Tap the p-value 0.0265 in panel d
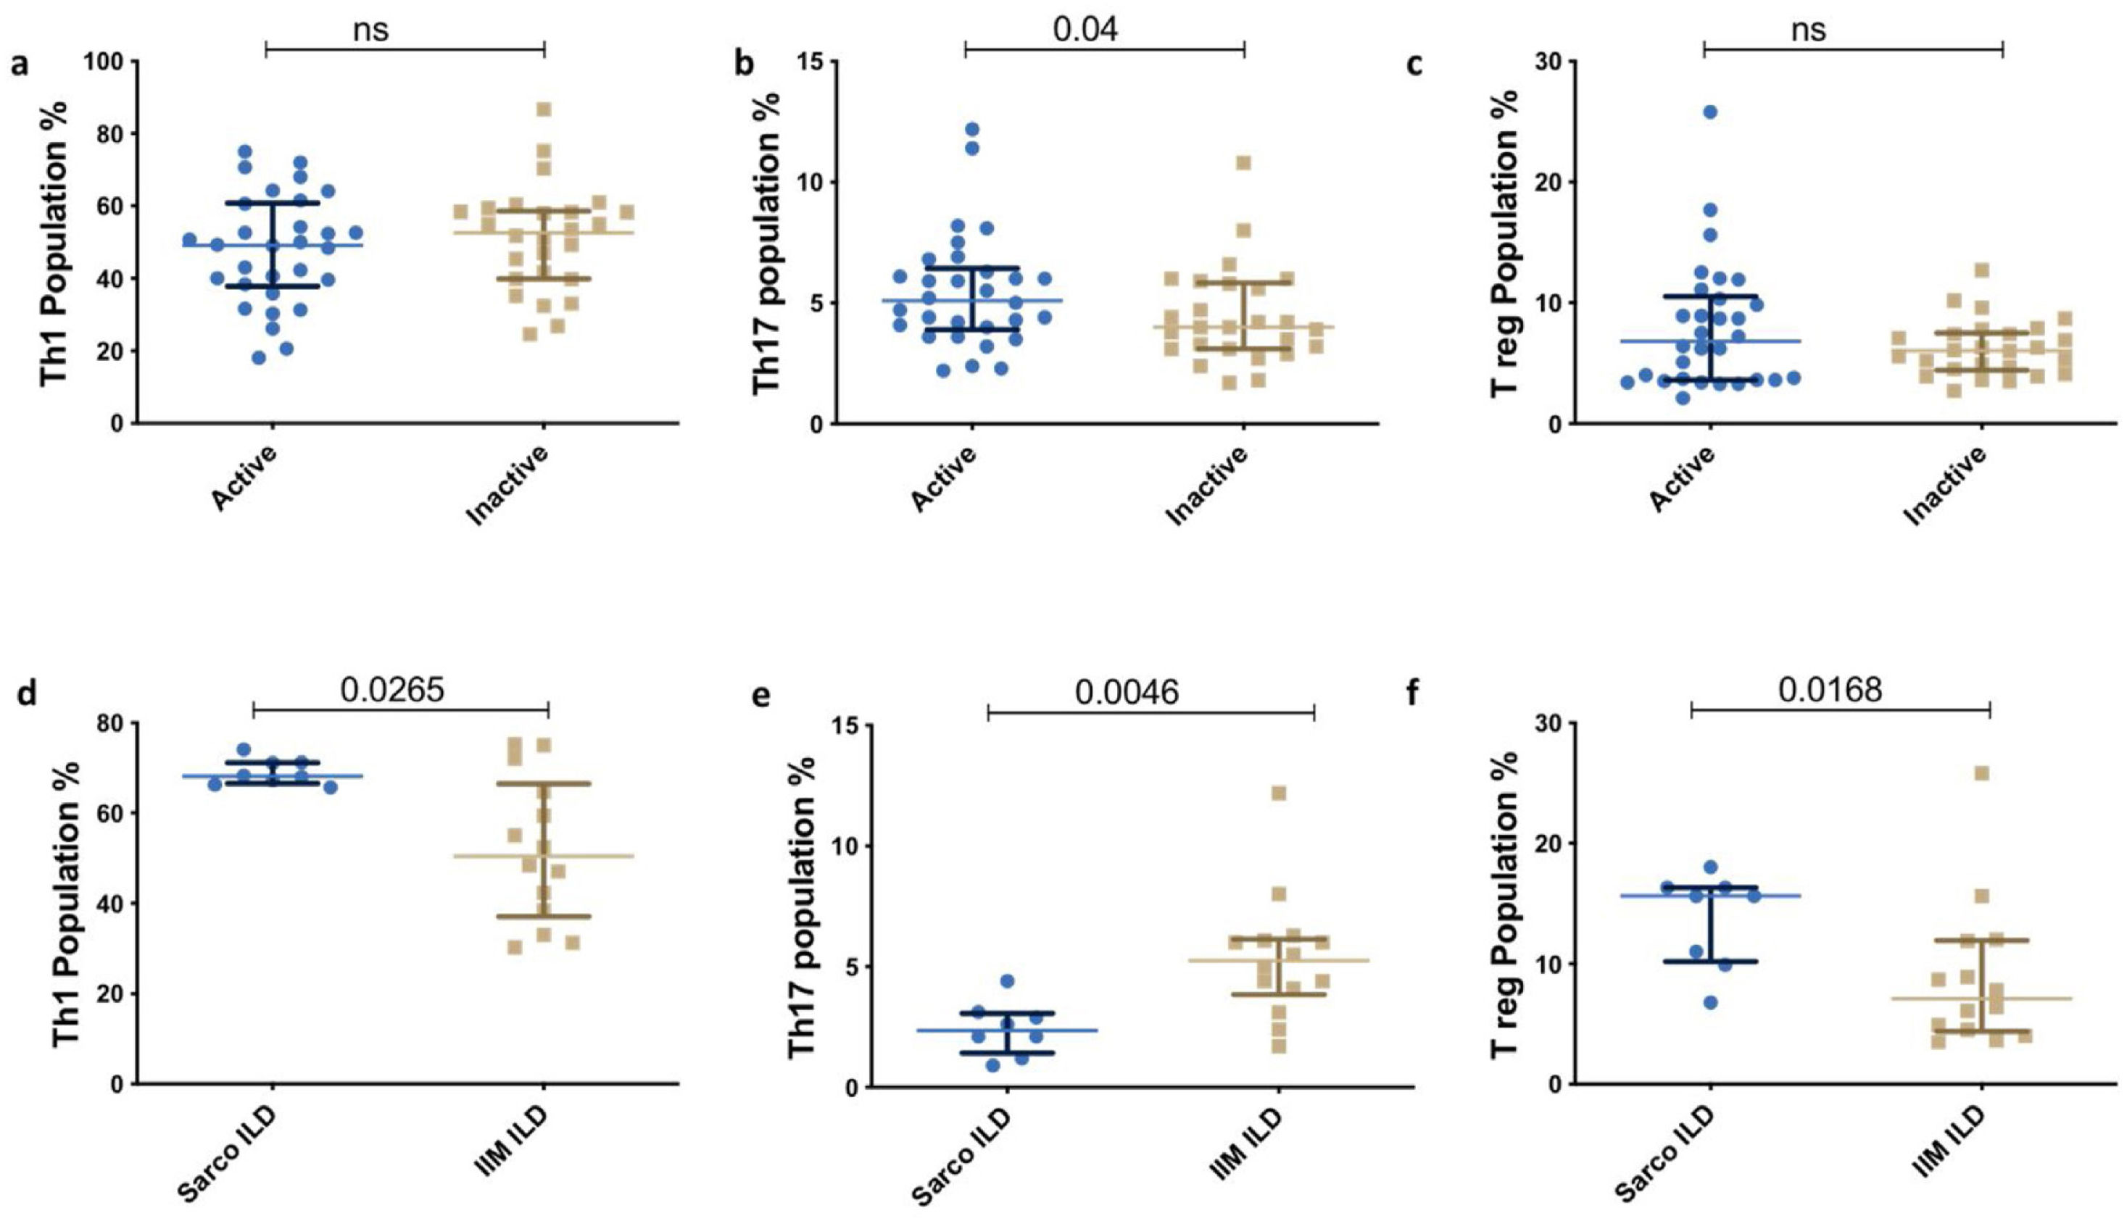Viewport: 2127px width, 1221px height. point(391,689)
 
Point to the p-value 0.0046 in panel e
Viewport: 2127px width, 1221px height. point(1127,692)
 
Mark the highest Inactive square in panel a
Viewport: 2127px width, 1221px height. point(544,109)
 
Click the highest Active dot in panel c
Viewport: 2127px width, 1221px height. point(1710,112)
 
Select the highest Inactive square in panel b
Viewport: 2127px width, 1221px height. point(1243,163)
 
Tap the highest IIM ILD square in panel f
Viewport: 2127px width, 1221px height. point(1982,773)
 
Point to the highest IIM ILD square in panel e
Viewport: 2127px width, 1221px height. point(1278,793)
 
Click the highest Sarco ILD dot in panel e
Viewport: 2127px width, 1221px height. point(1007,981)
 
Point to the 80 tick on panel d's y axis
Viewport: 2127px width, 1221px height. point(113,724)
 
